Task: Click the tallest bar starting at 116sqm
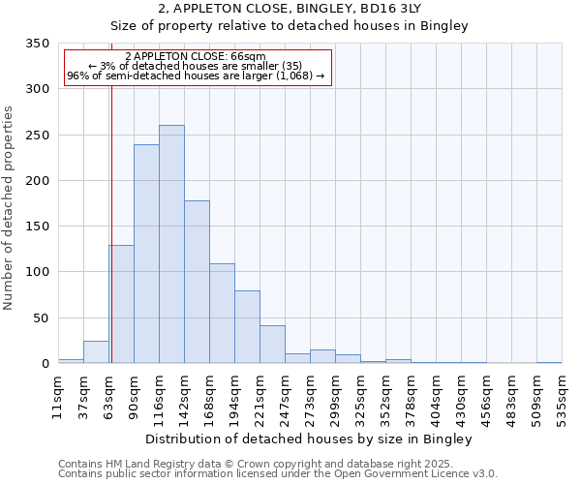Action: point(171,244)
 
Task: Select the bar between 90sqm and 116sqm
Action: point(146,254)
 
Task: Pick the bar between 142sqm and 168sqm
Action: point(197,282)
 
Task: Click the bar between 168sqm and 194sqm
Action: point(222,313)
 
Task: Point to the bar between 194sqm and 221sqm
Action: point(247,327)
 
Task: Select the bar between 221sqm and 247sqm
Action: point(272,345)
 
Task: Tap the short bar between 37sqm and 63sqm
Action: point(96,352)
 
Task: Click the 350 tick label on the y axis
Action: point(38,44)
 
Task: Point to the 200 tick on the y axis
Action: point(38,181)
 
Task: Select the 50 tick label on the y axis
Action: point(42,318)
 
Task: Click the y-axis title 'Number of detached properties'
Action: point(10,208)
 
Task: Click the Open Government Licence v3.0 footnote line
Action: point(278,473)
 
